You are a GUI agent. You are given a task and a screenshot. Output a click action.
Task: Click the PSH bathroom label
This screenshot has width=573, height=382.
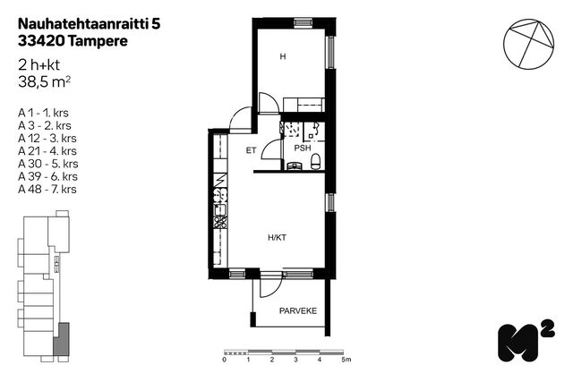pyautogui.click(x=303, y=148)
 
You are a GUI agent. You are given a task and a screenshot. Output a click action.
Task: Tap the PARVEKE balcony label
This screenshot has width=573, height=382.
pyautogui.click(x=298, y=311)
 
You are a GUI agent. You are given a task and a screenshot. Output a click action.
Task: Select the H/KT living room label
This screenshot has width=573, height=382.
pyautogui.click(x=277, y=238)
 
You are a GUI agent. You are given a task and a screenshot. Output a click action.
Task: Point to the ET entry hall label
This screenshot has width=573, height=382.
pyautogui.click(x=251, y=150)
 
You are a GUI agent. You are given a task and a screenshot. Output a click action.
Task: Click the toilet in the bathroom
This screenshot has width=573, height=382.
pyautogui.click(x=316, y=162)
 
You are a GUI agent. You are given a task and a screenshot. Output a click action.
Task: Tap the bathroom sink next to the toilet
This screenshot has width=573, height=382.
pyautogui.click(x=295, y=166)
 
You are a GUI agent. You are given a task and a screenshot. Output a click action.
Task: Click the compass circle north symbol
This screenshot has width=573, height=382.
pyautogui.click(x=529, y=44)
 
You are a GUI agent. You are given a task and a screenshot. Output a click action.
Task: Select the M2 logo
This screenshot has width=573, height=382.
pyautogui.click(x=526, y=342)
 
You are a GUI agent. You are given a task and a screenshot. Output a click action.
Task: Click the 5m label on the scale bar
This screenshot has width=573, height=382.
pyautogui.click(x=346, y=360)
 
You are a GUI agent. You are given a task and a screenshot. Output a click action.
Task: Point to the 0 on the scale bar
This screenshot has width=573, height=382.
pyautogui.click(x=225, y=360)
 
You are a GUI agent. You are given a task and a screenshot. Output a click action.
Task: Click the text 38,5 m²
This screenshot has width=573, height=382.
pyautogui.click(x=44, y=82)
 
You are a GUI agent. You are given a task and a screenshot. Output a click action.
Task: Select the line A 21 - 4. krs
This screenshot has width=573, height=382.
pyautogui.click(x=47, y=151)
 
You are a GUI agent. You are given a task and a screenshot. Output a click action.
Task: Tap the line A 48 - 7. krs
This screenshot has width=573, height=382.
pyautogui.click(x=47, y=189)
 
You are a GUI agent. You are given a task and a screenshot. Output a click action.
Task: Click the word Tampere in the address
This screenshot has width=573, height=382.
pyautogui.click(x=98, y=41)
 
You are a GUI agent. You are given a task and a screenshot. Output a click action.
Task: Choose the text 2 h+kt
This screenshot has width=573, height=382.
pyautogui.click(x=38, y=65)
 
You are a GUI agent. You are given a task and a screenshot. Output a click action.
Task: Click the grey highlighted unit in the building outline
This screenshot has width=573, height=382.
pyautogui.click(x=62, y=340)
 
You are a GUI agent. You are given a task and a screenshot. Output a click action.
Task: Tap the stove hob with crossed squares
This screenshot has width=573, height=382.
pyautogui.click(x=220, y=222)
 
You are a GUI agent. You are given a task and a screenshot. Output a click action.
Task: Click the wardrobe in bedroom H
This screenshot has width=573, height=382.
pyautogui.click(x=304, y=105)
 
